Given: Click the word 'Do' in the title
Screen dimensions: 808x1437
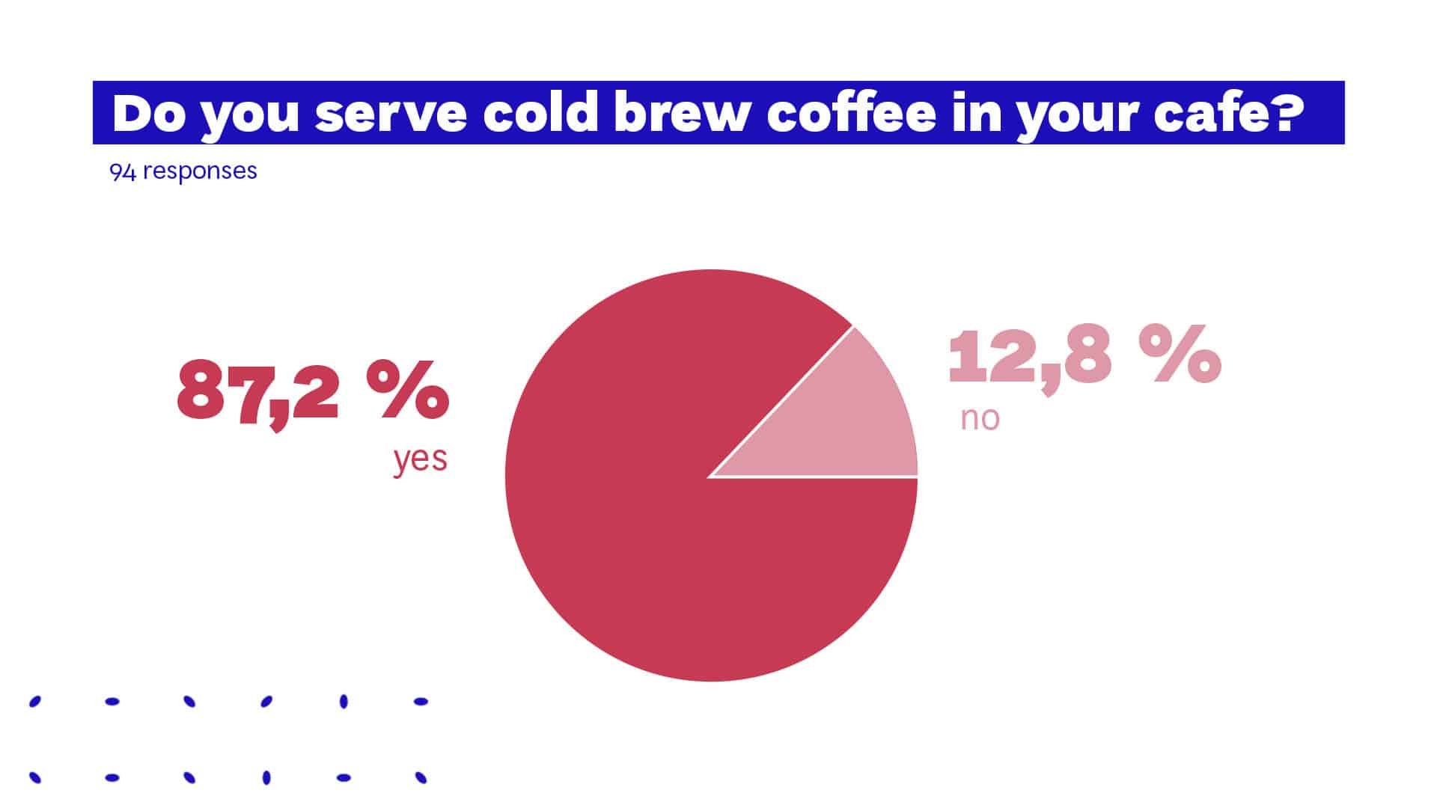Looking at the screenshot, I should click(148, 113).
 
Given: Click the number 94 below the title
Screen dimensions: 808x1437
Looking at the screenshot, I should click(123, 171).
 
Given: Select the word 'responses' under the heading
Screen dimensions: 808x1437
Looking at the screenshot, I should click(200, 171).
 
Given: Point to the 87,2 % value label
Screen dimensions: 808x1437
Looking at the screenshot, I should click(313, 393).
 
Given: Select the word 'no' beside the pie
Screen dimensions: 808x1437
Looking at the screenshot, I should click(980, 418).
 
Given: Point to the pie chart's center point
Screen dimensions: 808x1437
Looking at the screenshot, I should click(711, 476).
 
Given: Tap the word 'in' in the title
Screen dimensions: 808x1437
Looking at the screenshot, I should click(975, 113).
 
